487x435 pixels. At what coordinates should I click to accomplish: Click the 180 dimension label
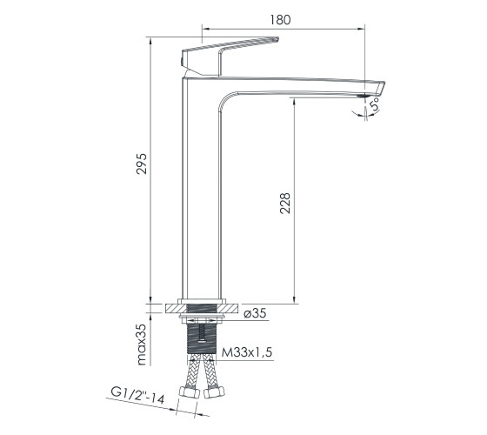tap(280, 19)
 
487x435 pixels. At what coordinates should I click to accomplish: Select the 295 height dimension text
tap(142, 164)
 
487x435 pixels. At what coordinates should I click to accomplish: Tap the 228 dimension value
tap(285, 204)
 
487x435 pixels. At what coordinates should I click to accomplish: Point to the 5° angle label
tap(376, 104)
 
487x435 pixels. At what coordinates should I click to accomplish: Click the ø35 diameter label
tap(255, 313)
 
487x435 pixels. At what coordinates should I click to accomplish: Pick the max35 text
tap(141, 345)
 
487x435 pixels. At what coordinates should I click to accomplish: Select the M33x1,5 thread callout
tap(247, 352)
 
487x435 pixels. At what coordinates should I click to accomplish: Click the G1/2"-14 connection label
tap(137, 396)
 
